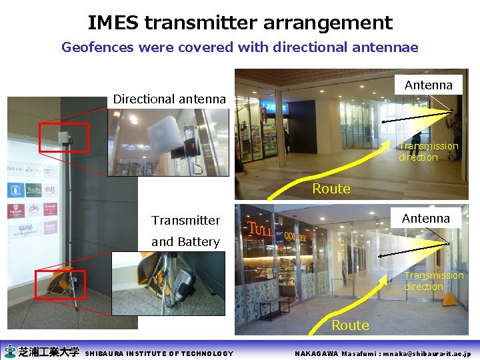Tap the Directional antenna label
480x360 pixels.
pyautogui.click(x=169, y=99)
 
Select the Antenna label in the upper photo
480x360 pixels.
pyautogui.click(x=429, y=85)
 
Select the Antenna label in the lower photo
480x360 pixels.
pyautogui.click(x=426, y=218)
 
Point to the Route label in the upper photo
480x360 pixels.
pyautogui.click(x=331, y=189)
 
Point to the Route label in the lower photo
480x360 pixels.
pyautogui.click(x=350, y=325)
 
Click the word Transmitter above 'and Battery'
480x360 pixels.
pyautogui.click(x=185, y=220)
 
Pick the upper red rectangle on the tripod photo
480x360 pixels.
pyautogui.click(x=63, y=137)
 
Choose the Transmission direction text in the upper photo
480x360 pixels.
pyautogui.click(x=428, y=151)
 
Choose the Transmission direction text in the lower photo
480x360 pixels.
pyautogui.click(x=433, y=281)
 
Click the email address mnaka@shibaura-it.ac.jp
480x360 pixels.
pyautogui.click(x=421, y=353)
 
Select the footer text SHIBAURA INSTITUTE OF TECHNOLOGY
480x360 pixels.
pyautogui.click(x=160, y=353)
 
